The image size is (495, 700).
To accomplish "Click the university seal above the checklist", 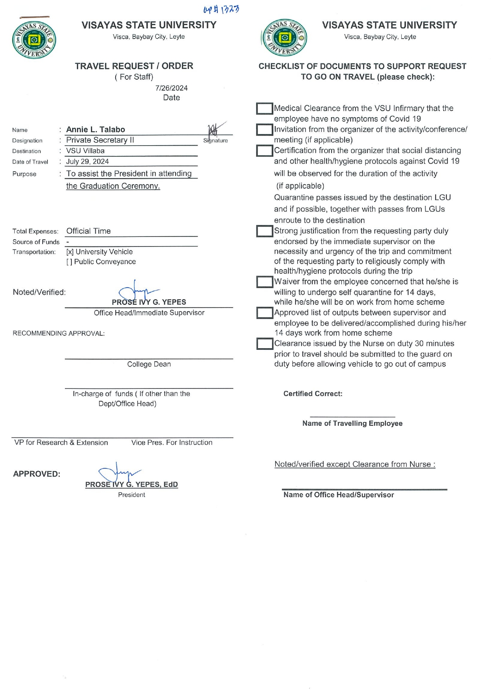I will [284, 38].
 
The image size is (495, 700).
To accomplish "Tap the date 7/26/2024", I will [172, 88].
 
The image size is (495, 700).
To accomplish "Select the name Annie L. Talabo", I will [96, 130].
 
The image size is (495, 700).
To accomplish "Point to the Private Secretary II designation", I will [100, 140].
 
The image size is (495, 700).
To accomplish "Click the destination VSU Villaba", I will [85, 151].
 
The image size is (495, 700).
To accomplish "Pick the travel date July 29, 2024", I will [87, 162].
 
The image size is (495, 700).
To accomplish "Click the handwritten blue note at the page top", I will [221, 9].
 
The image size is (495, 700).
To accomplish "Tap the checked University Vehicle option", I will [99, 252].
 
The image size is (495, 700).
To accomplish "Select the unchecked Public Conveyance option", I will [101, 262].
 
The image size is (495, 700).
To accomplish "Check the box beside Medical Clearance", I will [264, 108].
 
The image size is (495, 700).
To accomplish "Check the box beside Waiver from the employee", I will [264, 282].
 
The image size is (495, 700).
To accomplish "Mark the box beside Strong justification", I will [264, 231].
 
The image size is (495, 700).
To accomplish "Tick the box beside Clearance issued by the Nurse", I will [264, 344].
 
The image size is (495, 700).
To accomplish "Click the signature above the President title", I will [120, 474].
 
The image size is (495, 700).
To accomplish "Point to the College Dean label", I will [149, 364].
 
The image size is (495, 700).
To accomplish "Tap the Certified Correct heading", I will [313, 394].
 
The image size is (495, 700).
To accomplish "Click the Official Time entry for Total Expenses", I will [89, 231].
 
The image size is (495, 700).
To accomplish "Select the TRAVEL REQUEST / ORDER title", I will [134, 66].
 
